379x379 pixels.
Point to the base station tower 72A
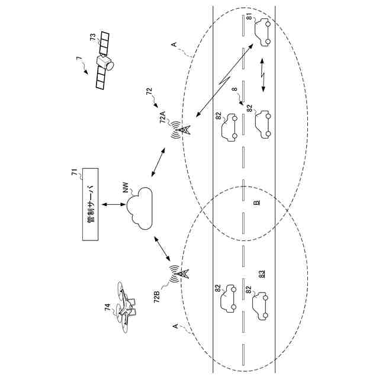click(x=181, y=130)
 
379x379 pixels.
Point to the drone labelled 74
click(x=127, y=308)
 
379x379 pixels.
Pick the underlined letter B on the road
click(x=256, y=202)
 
